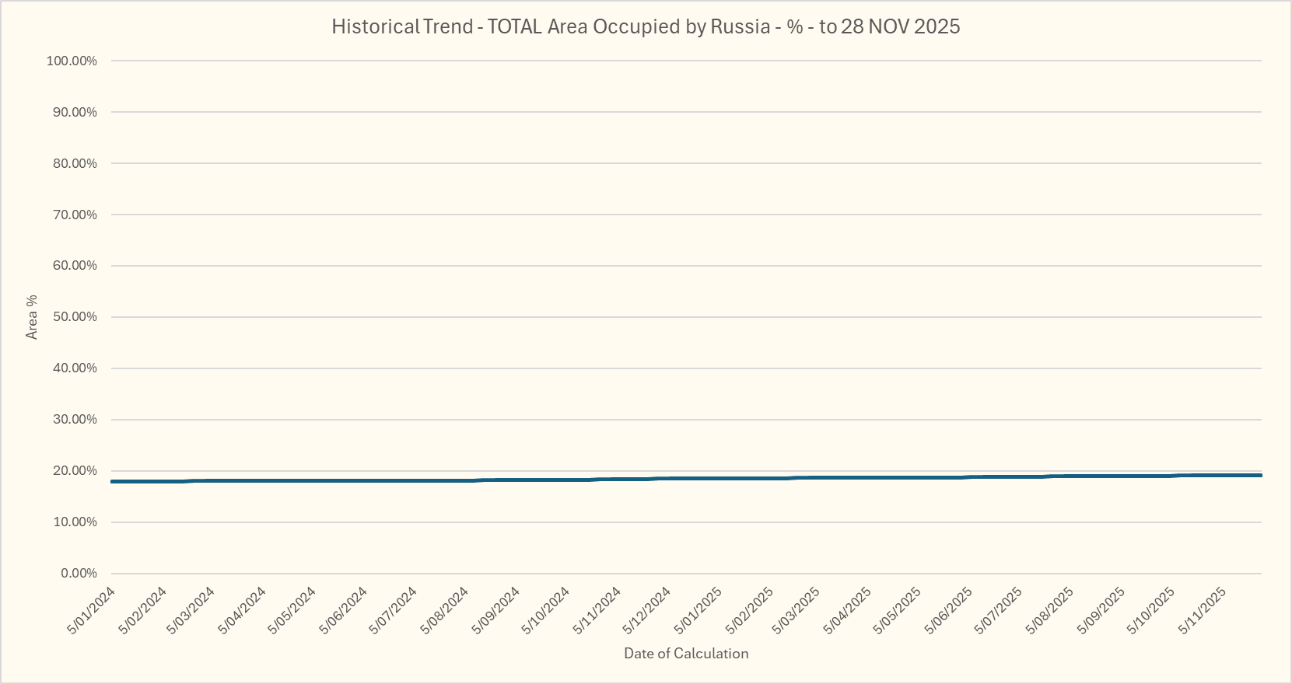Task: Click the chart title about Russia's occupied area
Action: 646,26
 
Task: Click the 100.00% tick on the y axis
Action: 72,61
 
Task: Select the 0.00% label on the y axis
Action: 79,574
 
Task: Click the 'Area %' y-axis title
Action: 32,317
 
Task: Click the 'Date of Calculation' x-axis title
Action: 686,654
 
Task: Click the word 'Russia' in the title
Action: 740,26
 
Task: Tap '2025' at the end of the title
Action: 937,26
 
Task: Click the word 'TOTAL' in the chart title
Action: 514,26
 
